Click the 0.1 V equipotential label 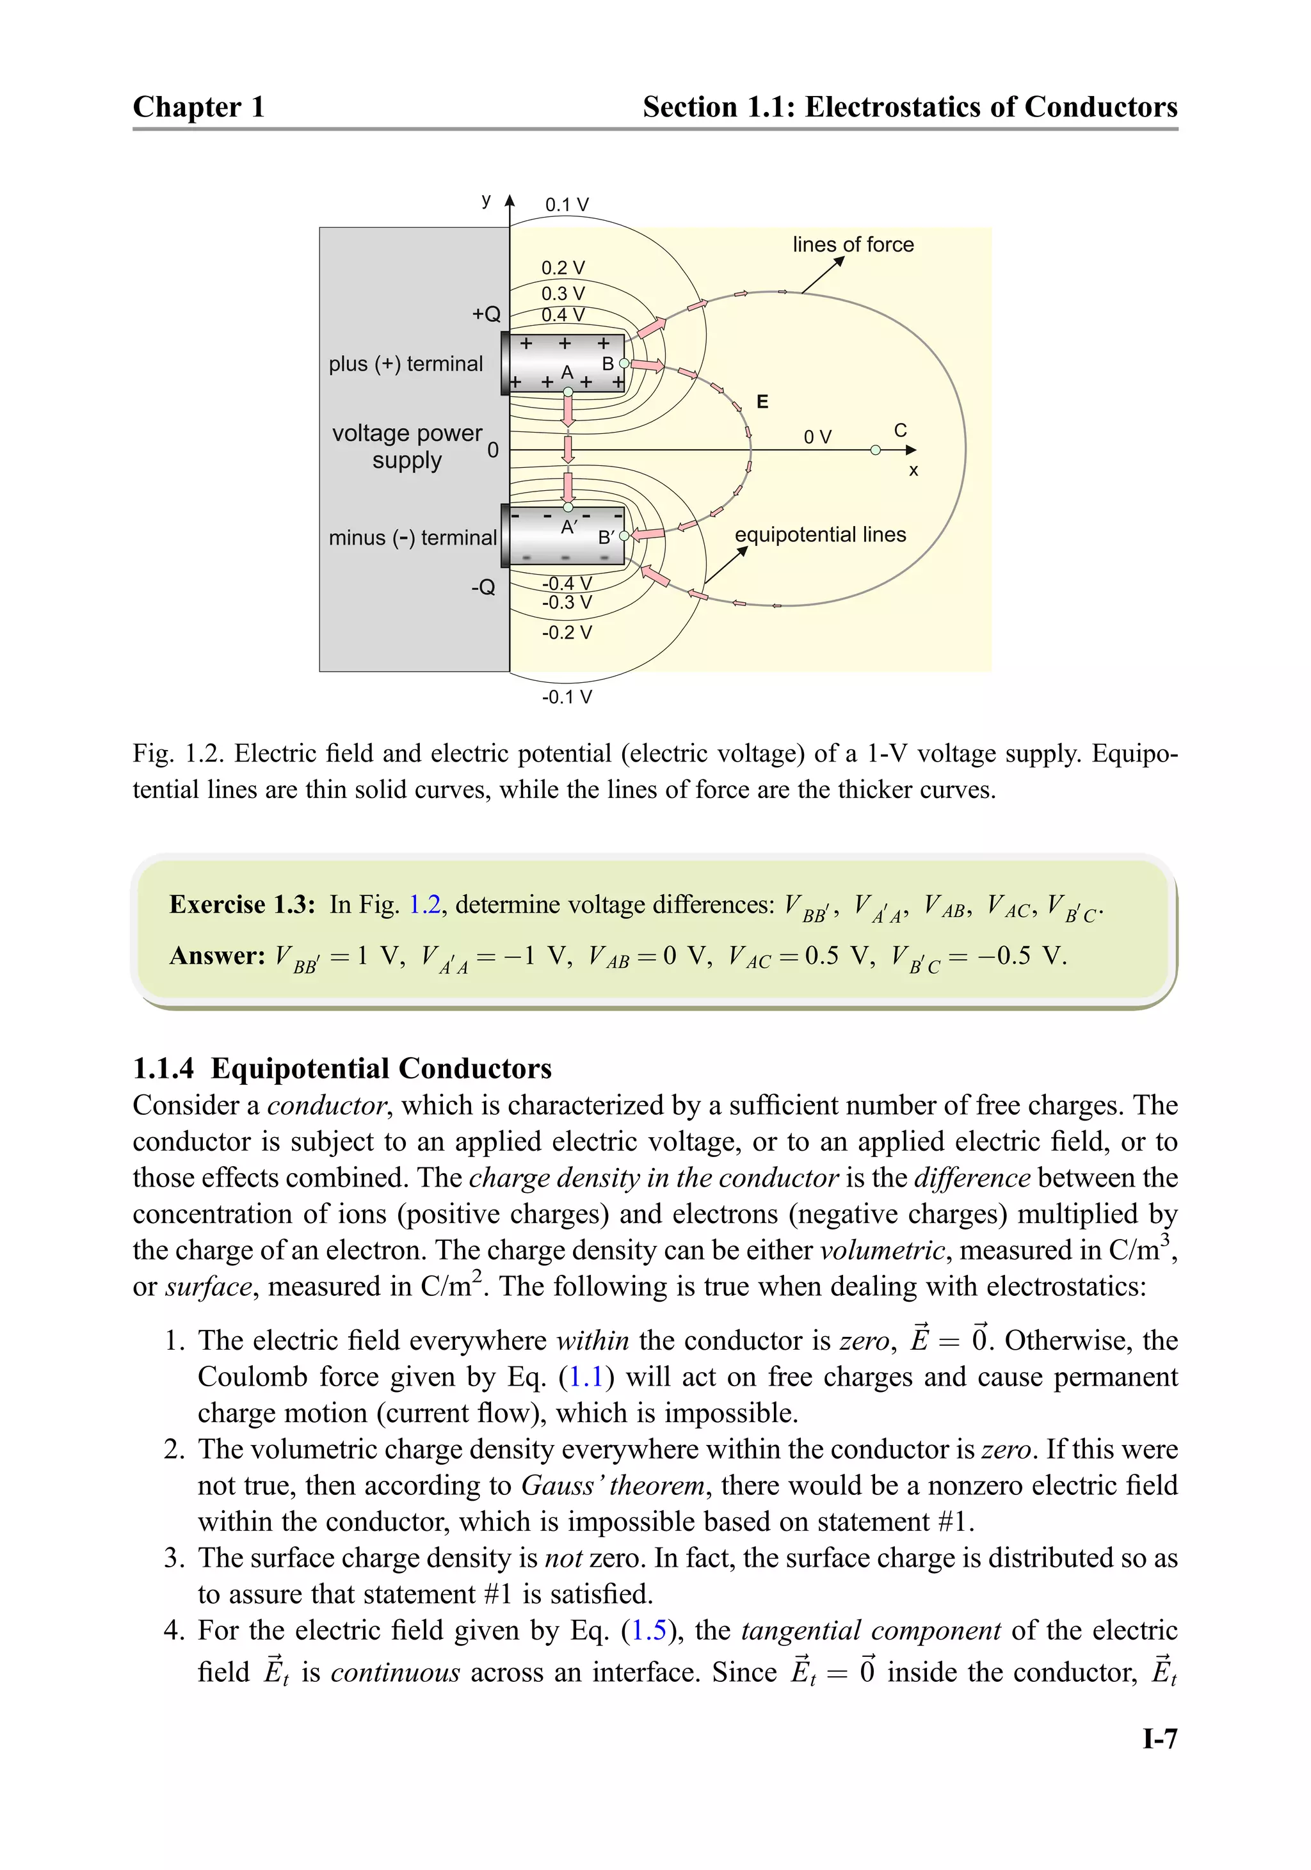[567, 204]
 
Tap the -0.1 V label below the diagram [567, 697]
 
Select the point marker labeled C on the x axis [875, 450]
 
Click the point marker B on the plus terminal [624, 364]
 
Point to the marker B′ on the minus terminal [624, 536]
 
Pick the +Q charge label [487, 314]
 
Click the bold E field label [762, 401]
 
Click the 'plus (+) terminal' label [406, 364]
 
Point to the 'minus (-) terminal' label [412, 538]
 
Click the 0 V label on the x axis [817, 437]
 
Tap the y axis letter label [487, 200]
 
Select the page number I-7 [1159, 1739]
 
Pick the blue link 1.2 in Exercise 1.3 [424, 904]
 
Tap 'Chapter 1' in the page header [199, 107]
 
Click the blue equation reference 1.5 [648, 1630]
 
